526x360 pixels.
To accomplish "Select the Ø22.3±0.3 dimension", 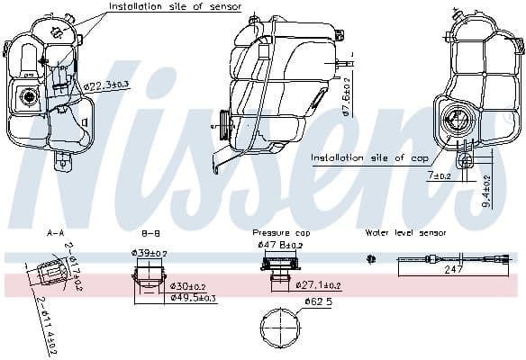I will (x=106, y=85).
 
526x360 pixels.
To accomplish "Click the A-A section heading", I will (x=56, y=232).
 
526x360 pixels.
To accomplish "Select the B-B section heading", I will (x=151, y=232).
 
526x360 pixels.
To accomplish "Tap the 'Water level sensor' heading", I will (x=405, y=232).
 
